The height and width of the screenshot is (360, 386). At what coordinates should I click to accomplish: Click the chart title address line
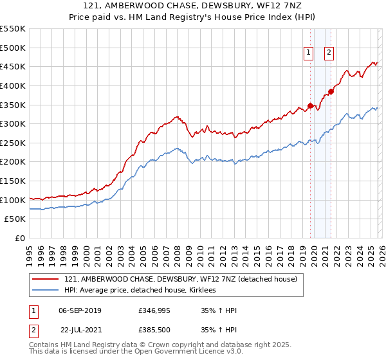pyautogui.click(x=193, y=6)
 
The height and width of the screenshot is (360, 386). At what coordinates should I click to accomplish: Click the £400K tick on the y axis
pyautogui.click(x=13, y=85)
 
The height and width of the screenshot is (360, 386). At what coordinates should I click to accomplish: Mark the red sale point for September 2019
pyautogui.click(x=310, y=105)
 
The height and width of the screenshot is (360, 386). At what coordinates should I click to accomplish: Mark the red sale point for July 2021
pyautogui.click(x=331, y=91)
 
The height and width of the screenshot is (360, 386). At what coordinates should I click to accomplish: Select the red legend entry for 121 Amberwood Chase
pyautogui.click(x=180, y=280)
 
